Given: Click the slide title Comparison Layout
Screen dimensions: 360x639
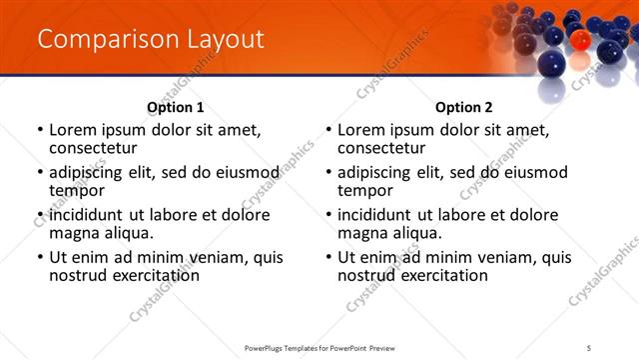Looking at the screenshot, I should coord(151,40).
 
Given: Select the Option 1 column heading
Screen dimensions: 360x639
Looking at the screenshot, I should coord(175,107).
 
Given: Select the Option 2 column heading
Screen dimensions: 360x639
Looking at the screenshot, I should coord(463,107).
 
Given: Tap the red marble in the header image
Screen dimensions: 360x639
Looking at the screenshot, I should coord(579,41).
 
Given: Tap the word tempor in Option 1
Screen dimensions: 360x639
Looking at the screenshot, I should coord(76,191).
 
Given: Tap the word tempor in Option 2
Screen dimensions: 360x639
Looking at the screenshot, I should coord(364,191).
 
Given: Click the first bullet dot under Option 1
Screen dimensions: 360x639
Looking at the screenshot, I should coord(40,130).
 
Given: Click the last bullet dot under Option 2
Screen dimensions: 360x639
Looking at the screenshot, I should coord(328,257).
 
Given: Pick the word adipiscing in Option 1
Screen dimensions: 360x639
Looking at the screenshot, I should coord(93,172).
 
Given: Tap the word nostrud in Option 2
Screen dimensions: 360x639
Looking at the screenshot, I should coord(368,275).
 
